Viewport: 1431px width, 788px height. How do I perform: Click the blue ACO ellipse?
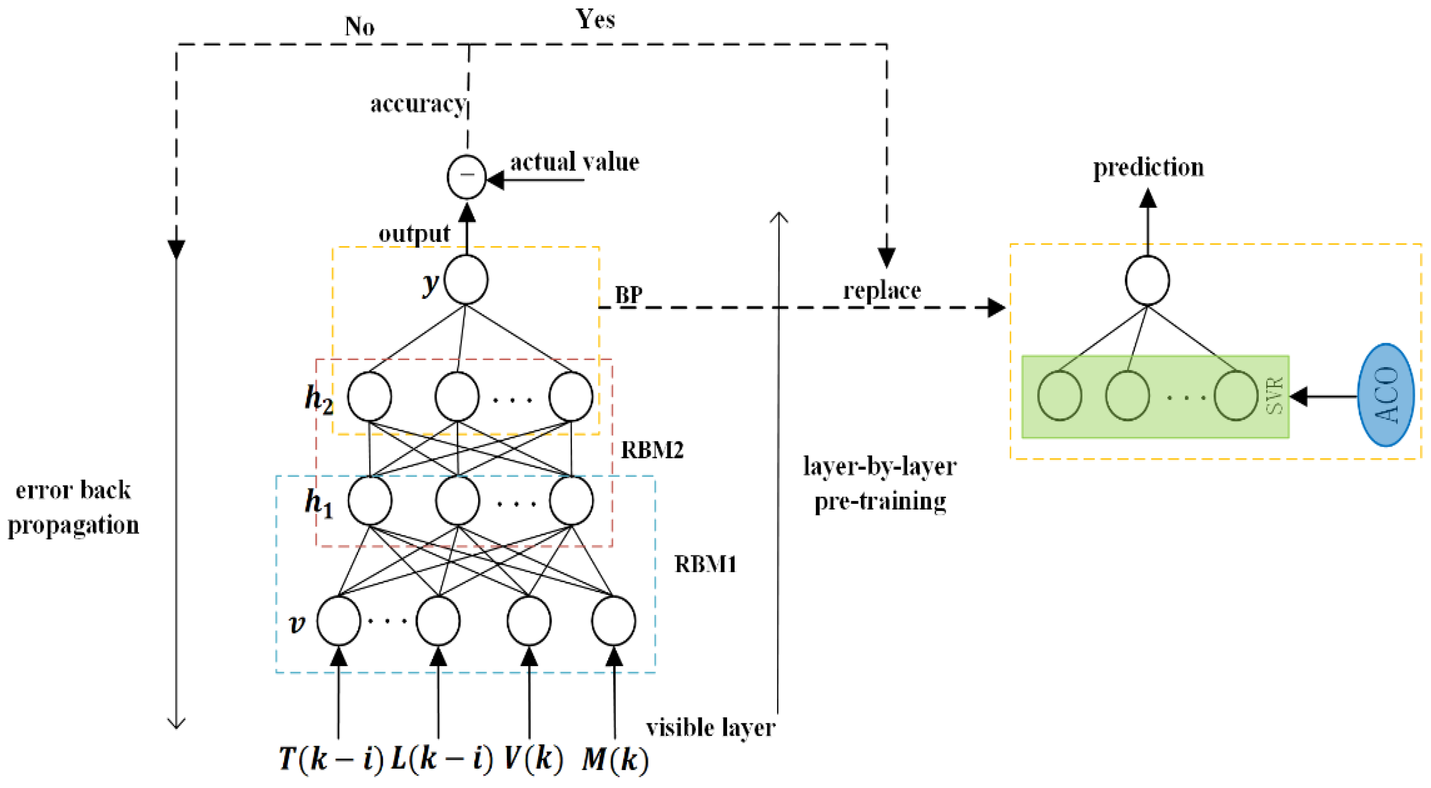click(1385, 395)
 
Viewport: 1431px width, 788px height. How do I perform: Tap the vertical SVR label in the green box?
click(1274, 395)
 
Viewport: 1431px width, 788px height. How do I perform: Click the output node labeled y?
click(466, 279)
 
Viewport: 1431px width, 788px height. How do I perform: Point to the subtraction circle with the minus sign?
click(467, 176)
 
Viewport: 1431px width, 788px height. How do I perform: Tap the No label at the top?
click(360, 26)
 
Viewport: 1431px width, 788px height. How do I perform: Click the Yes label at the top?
click(595, 19)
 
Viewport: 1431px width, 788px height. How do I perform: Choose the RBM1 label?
click(705, 564)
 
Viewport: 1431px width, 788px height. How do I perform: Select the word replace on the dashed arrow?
click(882, 290)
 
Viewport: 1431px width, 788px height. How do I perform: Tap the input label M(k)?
click(615, 759)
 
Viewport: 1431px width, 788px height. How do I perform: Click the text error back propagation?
click(73, 508)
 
